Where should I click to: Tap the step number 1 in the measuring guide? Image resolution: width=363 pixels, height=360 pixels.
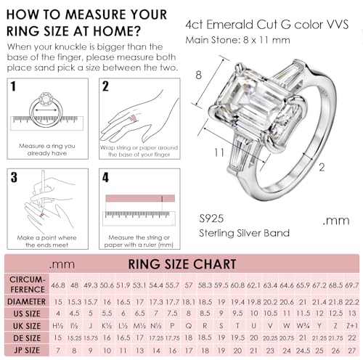click(x=13, y=87)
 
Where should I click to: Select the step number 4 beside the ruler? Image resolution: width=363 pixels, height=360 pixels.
click(x=105, y=177)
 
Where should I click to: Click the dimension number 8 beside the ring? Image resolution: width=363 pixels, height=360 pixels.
click(x=197, y=75)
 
